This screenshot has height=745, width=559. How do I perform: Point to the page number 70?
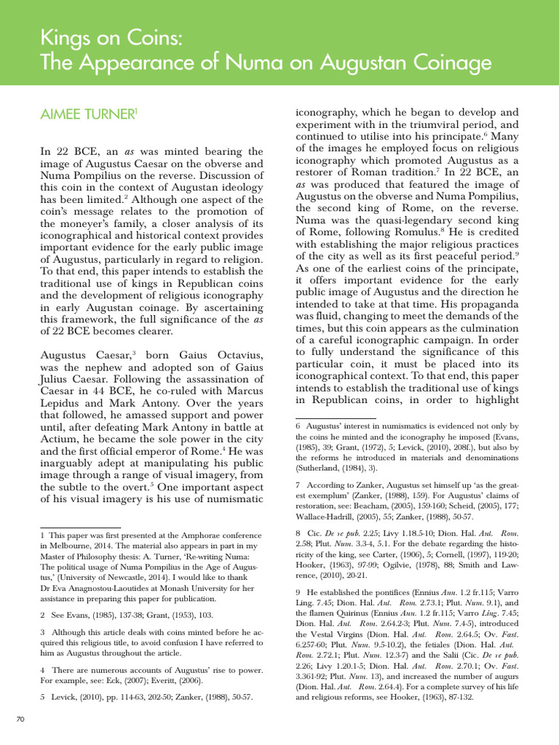(x=20, y=720)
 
